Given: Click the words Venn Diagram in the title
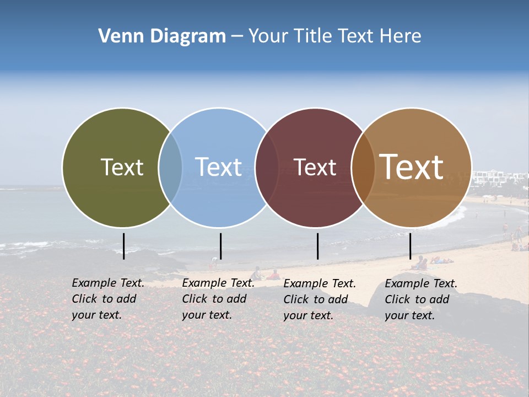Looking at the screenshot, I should pyautogui.click(x=162, y=36).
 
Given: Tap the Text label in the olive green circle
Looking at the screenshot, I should pyautogui.click(x=122, y=167).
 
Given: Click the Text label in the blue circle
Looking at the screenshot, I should pyautogui.click(x=218, y=167).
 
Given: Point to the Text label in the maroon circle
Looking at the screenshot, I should pyautogui.click(x=315, y=167).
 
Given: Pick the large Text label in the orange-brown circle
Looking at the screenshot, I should pyautogui.click(x=412, y=167).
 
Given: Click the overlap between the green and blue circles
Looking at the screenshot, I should pyautogui.click(x=171, y=168).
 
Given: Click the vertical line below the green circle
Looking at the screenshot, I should pyautogui.click(x=124, y=246).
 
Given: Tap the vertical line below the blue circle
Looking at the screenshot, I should pyautogui.click(x=220, y=246).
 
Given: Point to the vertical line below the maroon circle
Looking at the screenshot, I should pyautogui.click(x=317, y=246).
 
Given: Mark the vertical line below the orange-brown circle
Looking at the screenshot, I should pyautogui.click(x=410, y=246).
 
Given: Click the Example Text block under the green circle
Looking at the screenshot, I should pyautogui.click(x=108, y=299).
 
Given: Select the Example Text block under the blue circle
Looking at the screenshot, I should pyautogui.click(x=218, y=299).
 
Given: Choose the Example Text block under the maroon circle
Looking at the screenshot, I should pyautogui.click(x=320, y=299).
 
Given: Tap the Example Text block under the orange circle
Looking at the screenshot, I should pyautogui.click(x=421, y=299).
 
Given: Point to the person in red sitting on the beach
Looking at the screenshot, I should pyautogui.click(x=274, y=275).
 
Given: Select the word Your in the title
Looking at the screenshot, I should pyautogui.click(x=268, y=36).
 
